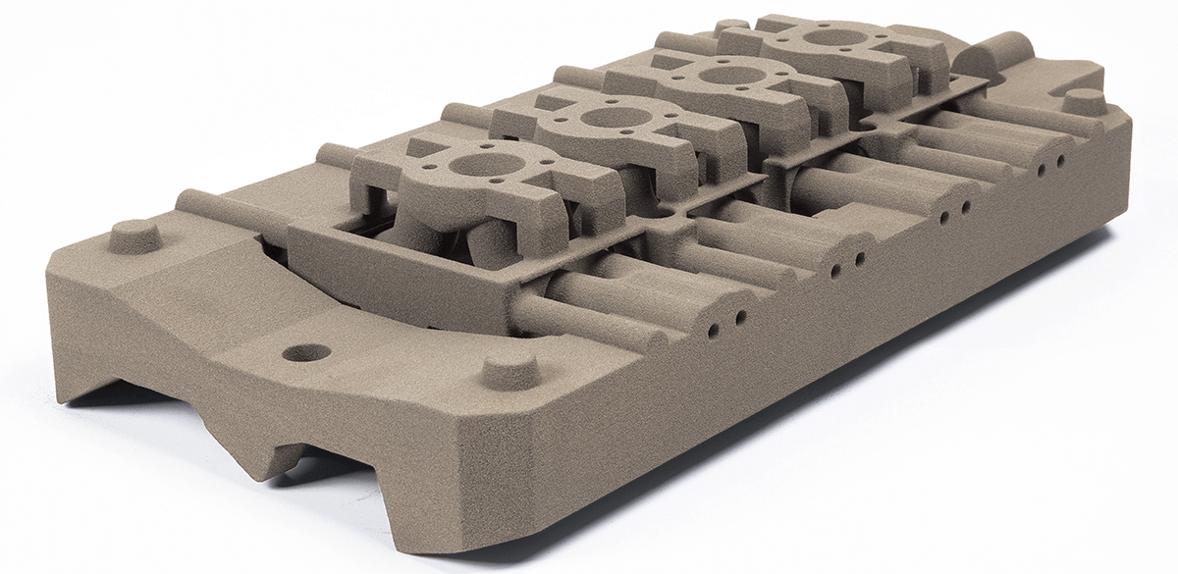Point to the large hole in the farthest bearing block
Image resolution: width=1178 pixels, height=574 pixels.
830,37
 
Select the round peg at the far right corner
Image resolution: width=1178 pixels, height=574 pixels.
1084,100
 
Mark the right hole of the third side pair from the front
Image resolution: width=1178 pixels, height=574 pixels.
967,207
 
